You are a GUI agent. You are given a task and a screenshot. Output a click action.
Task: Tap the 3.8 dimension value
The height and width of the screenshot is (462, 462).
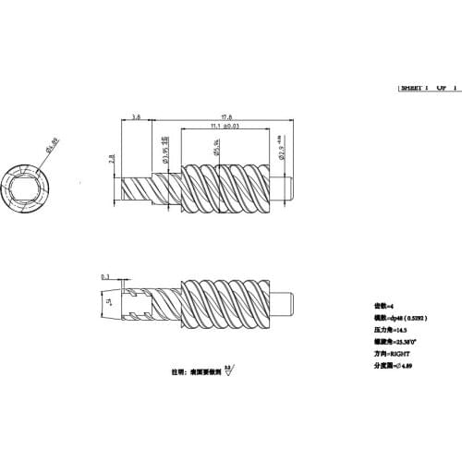pos(137,116)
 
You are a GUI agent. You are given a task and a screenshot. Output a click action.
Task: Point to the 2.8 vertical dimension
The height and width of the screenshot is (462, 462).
pos(111,159)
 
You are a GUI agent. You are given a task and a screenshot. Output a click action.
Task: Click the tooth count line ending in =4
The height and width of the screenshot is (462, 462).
pos(384,305)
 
